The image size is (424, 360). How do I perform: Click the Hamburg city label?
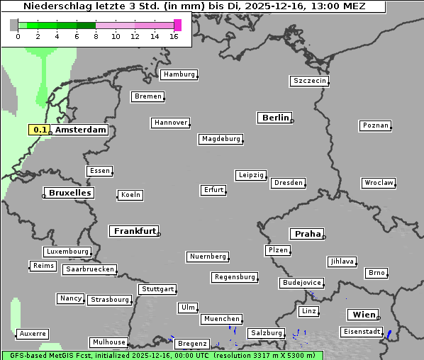tap(178, 74)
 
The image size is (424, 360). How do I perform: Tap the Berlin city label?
tap(275, 118)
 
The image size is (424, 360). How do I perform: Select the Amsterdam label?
tap(80, 130)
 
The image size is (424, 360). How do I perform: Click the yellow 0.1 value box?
tap(40, 130)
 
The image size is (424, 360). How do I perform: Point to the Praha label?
tap(307, 234)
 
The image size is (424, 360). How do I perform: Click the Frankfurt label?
tap(134, 231)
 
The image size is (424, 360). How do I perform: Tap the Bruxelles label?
tap(68, 193)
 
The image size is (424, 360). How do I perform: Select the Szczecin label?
tap(309, 81)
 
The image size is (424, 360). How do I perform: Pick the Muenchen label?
tap(221, 319)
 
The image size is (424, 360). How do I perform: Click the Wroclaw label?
tap(378, 183)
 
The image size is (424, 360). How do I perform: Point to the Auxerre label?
tap(33, 333)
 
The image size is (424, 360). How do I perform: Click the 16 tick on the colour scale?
tap(174, 36)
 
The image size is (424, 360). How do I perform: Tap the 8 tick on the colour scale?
tap(96, 36)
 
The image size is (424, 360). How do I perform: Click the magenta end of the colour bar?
tap(177, 25)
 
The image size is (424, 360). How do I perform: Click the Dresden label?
tap(288, 183)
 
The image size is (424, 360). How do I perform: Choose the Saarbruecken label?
tap(89, 269)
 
